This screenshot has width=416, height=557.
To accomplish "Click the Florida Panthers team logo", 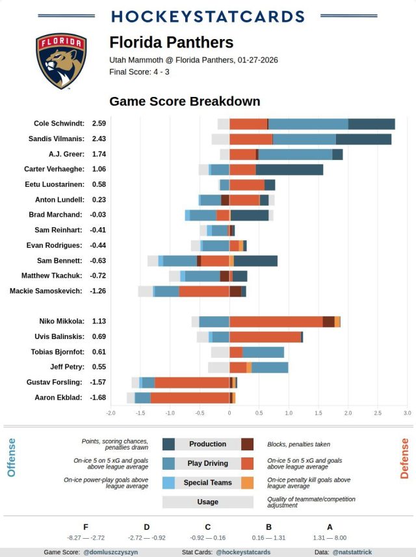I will point(61,61).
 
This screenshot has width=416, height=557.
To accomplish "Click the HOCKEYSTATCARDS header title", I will point(208,17).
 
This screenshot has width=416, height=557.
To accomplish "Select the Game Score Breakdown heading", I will point(185,102).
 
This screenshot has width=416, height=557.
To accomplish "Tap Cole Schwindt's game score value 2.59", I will point(99,123).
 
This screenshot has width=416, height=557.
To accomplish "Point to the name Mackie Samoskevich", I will point(46,291).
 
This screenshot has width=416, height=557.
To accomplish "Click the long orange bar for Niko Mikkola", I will point(276,321).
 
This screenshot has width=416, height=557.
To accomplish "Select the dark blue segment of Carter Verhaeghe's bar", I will point(289,169).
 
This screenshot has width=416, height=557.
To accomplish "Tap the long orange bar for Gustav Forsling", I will point(192,382).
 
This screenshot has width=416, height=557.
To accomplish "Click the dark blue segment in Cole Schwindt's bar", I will point(371,124).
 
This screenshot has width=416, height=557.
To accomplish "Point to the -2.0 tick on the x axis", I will point(111,413).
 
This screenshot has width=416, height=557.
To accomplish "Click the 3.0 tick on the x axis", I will point(407,413).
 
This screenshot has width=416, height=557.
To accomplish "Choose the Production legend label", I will point(208,444).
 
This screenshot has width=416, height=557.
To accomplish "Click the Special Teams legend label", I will point(208,483).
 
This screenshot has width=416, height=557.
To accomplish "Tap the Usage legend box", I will point(208,502).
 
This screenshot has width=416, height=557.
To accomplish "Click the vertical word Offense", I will point(12,457).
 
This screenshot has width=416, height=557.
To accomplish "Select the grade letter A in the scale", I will point(330,527).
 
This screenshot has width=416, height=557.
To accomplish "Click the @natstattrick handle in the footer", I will point(353,552).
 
